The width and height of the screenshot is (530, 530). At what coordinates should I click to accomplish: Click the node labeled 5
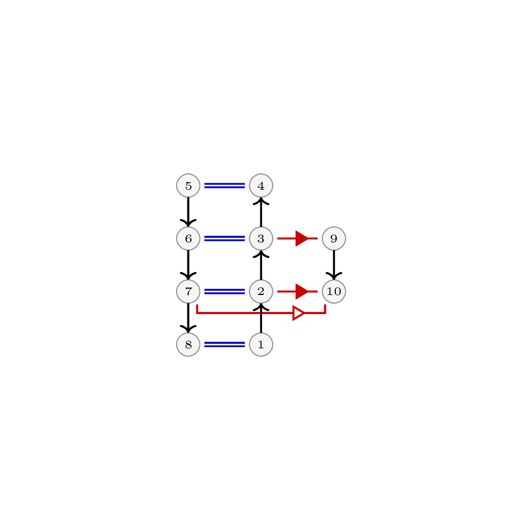point(188,186)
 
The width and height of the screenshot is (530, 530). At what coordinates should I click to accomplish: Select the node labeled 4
point(261,186)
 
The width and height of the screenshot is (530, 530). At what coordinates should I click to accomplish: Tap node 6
point(188,238)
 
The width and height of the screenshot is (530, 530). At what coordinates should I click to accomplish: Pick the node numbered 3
point(261,238)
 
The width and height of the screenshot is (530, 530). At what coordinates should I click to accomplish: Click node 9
point(334,238)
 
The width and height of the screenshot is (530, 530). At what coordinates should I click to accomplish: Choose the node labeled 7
point(188,292)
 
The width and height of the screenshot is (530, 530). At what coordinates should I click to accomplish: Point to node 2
point(261,292)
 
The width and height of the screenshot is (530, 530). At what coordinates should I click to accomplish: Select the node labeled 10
point(334,292)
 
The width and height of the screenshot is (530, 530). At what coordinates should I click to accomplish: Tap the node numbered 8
point(188,344)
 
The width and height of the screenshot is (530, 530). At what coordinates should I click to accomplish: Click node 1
point(261,344)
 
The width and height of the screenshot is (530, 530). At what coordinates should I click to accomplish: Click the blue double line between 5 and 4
point(224,186)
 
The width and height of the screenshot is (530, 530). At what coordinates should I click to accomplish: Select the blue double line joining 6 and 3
point(224,238)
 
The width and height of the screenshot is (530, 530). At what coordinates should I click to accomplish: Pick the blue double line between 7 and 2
point(224,292)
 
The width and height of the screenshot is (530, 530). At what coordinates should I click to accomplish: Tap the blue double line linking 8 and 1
point(224,344)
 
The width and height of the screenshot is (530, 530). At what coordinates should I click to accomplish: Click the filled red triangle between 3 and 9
point(302,238)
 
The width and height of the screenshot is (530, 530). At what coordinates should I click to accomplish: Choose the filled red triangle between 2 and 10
point(302,292)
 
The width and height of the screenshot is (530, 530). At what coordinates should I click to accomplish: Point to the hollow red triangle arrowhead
point(299,314)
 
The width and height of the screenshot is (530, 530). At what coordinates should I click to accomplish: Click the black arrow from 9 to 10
point(334,265)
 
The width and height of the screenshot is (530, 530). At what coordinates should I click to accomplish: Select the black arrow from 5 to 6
point(188,212)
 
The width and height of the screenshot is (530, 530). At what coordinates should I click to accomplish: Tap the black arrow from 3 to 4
point(261,212)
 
